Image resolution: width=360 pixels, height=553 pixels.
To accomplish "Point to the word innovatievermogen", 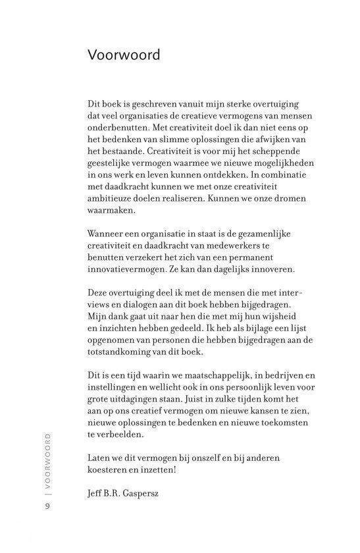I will (127, 271).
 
